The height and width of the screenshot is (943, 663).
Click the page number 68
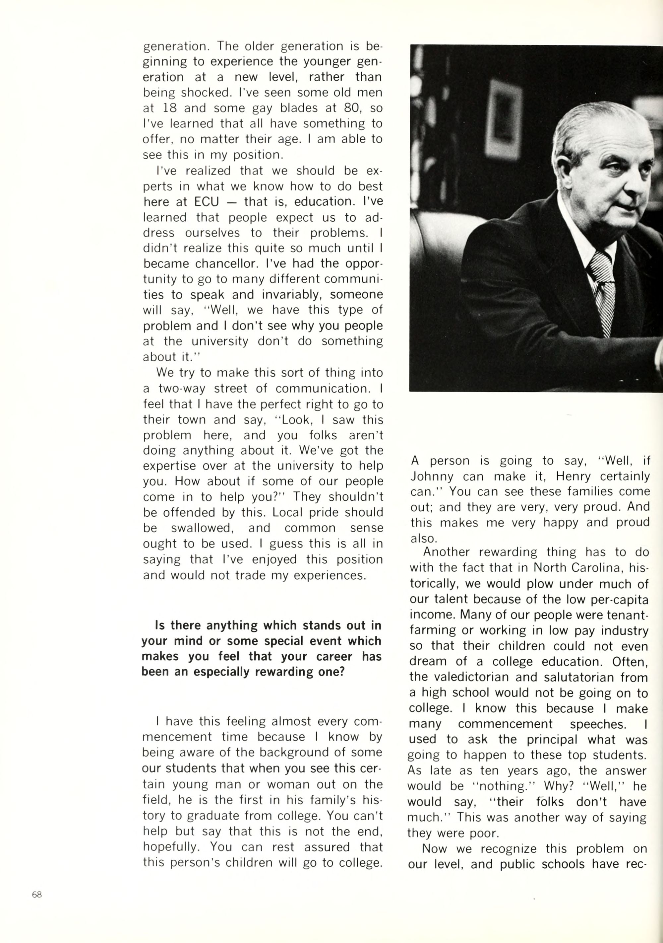37,895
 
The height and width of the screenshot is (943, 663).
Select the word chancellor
227,264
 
